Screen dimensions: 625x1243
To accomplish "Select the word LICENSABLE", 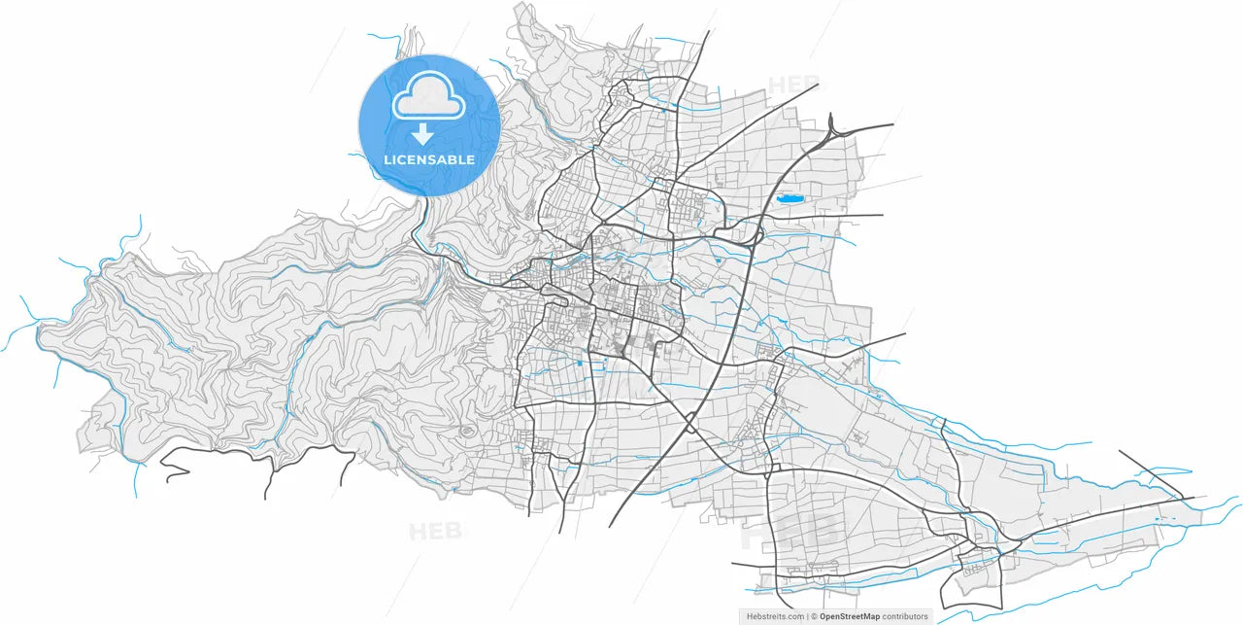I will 429,159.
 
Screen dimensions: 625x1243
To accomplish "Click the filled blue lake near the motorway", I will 790,198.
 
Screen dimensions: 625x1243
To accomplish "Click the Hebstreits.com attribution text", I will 775,616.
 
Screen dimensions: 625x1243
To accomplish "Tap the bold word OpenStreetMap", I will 850,616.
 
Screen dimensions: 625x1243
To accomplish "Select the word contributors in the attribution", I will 905,616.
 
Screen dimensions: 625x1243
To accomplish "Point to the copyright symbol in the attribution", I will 814,616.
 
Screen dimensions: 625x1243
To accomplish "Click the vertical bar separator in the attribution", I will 807,616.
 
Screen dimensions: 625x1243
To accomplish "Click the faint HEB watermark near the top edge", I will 794,85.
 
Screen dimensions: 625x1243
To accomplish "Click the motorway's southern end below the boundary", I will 611,525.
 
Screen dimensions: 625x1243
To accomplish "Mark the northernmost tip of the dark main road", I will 709,32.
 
